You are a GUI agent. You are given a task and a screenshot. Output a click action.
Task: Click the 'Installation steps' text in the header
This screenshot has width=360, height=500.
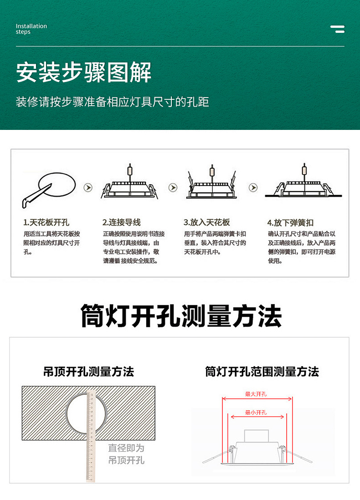31,29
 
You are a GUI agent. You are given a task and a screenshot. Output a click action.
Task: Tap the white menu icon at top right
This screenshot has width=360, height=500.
337,29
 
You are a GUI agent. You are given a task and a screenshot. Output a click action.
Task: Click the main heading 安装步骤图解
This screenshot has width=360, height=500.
84,72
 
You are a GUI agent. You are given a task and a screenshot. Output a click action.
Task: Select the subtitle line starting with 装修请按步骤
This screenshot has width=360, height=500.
112,102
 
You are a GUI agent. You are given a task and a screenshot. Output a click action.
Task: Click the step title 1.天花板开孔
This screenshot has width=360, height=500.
46,222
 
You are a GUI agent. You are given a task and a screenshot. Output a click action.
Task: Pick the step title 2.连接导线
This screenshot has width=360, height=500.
121,222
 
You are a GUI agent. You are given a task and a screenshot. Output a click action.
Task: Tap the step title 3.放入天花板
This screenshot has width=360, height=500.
206,222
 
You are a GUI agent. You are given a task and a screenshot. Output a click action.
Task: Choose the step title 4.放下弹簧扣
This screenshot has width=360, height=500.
290,223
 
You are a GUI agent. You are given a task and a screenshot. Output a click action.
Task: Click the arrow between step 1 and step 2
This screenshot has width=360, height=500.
88,188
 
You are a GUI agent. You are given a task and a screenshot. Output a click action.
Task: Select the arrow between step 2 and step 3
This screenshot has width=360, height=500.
173,188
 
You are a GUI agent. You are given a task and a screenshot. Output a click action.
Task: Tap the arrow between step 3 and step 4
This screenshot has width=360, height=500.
253,188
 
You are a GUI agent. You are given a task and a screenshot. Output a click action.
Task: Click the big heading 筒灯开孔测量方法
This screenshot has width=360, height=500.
181,316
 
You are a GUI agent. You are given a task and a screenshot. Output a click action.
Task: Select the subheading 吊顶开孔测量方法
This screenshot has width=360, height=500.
88,371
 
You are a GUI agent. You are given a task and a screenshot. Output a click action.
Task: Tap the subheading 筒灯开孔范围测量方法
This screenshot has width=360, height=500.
262,371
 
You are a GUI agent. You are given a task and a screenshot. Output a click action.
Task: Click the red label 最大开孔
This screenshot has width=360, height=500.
256,394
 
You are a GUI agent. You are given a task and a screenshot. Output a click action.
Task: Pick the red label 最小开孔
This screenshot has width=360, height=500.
256,412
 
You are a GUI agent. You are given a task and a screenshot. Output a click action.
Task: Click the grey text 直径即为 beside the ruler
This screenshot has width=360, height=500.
126,448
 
